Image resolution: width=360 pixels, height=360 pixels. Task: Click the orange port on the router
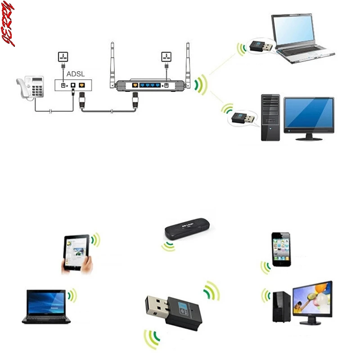(134, 85)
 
